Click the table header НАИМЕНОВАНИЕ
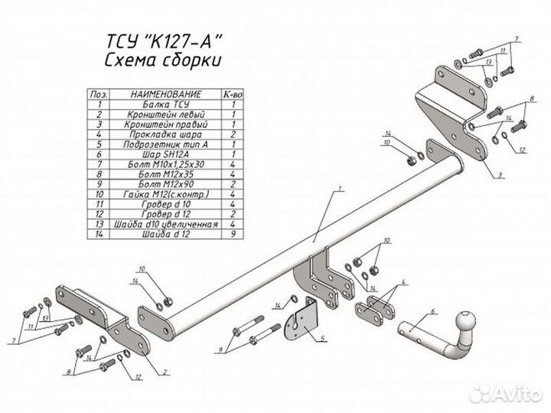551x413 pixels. point(166,93)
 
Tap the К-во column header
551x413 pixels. point(230,93)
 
